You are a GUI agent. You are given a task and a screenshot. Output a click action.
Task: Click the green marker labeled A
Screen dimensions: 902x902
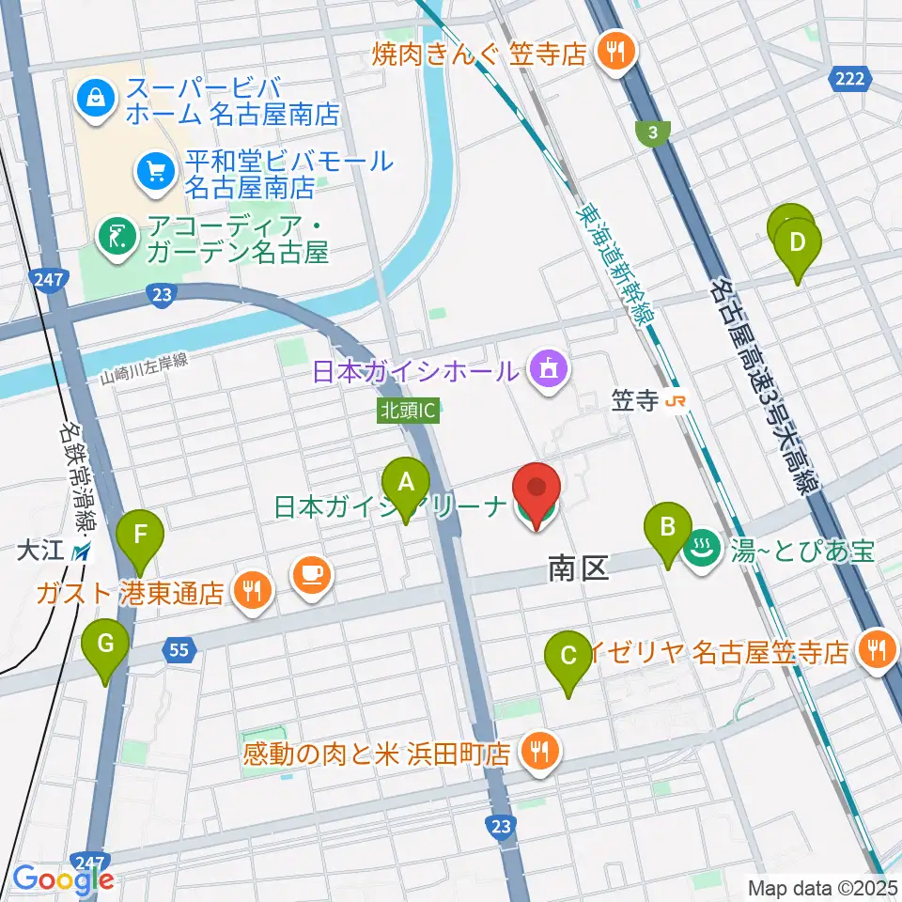[x=406, y=483]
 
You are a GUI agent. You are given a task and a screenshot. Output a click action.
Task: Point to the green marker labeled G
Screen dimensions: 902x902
[x=104, y=644]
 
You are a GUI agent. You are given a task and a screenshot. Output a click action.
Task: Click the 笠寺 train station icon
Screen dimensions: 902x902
[x=675, y=401]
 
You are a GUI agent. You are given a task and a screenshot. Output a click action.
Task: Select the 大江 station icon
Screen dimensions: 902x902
[x=84, y=552]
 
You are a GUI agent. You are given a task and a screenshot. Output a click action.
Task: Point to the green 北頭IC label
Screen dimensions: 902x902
[x=409, y=410]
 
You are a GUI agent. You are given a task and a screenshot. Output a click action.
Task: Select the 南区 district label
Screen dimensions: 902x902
[x=579, y=568]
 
